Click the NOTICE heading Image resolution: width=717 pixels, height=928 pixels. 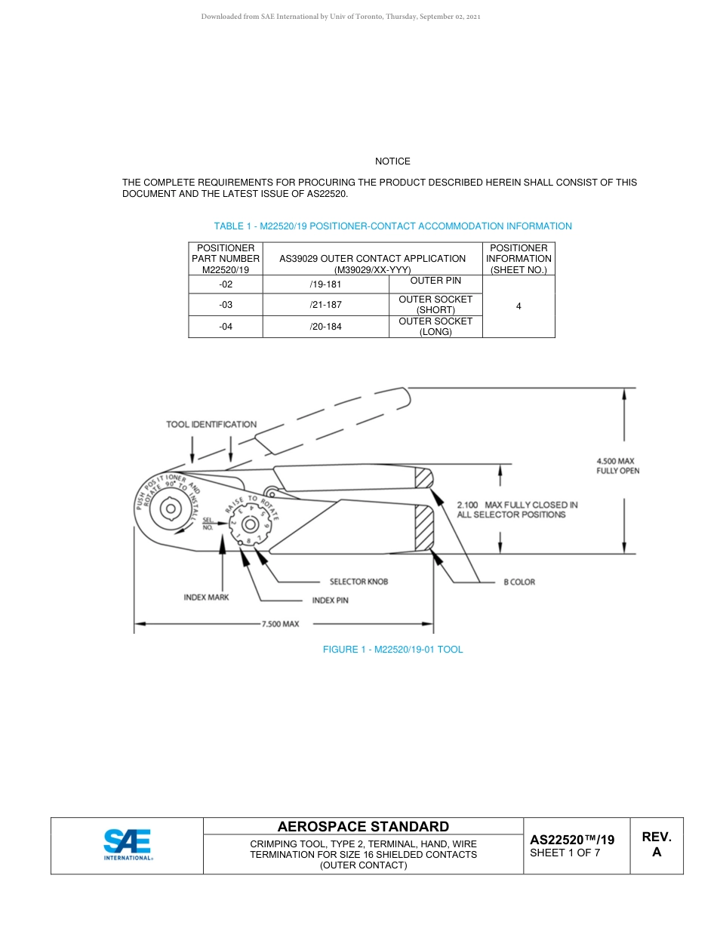coord(392,161)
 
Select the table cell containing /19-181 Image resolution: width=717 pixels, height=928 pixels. coord(325,285)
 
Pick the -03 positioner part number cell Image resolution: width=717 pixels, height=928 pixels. coord(226,305)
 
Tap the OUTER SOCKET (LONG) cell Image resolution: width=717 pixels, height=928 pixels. coord(435,327)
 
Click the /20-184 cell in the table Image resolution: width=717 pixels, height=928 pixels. coord(325,327)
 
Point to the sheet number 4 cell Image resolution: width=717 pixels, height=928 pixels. coord(519,306)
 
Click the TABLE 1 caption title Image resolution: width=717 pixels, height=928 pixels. coord(392,226)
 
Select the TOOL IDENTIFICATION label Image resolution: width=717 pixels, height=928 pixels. coord(211,425)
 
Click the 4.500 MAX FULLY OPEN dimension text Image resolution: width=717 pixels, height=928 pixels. coord(617,466)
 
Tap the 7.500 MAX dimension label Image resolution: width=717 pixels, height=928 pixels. coord(280,624)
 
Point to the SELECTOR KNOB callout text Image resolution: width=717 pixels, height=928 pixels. coord(358,582)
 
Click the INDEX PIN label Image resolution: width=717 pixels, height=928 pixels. coord(330,601)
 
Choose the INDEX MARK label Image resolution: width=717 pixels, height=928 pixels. coord(206,597)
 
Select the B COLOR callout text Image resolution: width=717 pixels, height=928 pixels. coord(519,582)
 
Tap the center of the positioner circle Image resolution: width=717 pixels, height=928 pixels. coord(171,509)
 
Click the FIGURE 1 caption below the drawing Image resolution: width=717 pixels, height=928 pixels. coord(392,650)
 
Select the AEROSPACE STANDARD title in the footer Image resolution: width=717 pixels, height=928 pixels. coord(363,827)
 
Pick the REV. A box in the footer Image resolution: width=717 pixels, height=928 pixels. coord(656,845)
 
